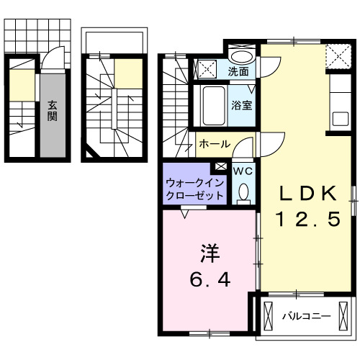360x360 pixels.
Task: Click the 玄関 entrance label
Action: point(53,111)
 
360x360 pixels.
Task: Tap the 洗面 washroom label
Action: point(239,71)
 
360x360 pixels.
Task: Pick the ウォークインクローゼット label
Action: point(194,189)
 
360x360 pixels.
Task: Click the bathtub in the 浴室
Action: point(211,105)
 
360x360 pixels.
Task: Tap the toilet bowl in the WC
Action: point(243,192)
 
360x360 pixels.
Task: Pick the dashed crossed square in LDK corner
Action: point(335,55)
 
